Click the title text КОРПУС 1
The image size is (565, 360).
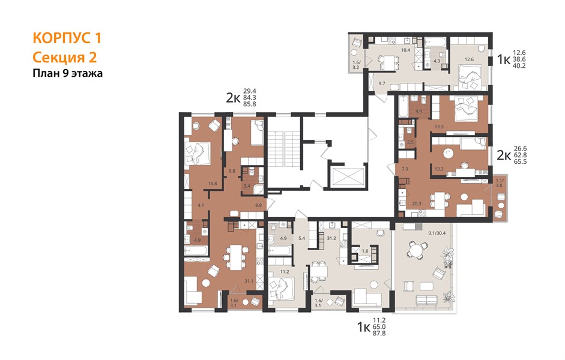pos(67,38)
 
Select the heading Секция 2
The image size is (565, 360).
pos(65,57)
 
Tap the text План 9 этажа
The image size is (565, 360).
pos(68,73)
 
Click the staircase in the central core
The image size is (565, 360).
pos(285,149)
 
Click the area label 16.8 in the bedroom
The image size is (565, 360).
pos(213,183)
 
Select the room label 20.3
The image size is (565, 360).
pos(417,203)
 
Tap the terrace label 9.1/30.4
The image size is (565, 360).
pos(437,233)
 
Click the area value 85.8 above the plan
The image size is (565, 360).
pos(249,104)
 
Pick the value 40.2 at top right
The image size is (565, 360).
pos(519,65)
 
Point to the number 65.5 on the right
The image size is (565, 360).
pos(521,161)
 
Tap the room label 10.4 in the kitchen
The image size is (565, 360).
pos(406,50)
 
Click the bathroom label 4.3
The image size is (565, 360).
pos(437,61)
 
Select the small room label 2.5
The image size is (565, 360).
pos(410,142)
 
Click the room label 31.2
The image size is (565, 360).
pos(331,238)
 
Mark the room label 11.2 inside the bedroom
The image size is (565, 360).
pos(285,271)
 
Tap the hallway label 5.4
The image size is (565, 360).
pos(302,238)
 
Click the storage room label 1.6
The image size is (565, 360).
pos(365,251)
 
